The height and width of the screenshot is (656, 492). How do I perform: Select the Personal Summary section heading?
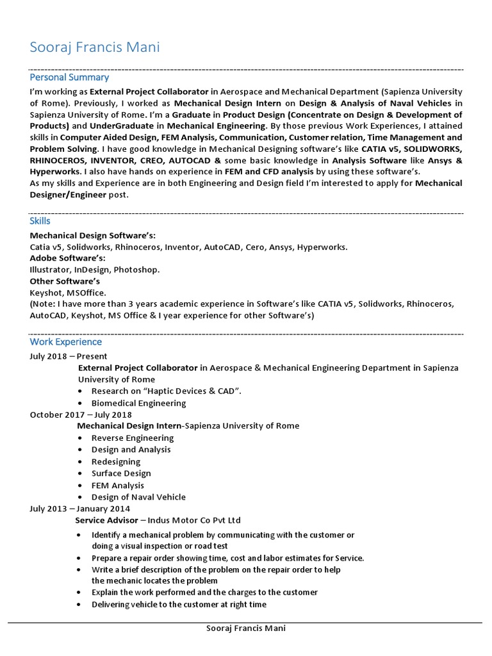coord(69,77)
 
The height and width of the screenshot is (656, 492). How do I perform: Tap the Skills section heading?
coord(40,220)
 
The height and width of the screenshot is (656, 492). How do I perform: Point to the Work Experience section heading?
coord(65,342)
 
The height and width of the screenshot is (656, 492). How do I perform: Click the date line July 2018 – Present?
coord(69,356)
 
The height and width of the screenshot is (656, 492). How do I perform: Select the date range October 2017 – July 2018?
coord(81,414)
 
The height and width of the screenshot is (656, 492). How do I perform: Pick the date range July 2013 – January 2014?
coord(80,509)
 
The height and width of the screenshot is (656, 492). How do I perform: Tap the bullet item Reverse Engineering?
coord(133,438)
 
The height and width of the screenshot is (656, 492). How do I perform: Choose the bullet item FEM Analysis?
coord(118,485)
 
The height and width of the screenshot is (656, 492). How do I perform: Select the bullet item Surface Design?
coord(121,473)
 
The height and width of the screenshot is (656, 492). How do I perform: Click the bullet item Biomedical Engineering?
coord(138,403)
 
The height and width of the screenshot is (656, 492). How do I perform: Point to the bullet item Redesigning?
coord(116,462)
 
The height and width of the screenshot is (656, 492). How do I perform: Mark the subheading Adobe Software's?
coord(68,258)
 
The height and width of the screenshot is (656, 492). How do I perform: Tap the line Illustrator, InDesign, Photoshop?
coord(95,270)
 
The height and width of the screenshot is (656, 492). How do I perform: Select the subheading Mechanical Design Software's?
coord(93,235)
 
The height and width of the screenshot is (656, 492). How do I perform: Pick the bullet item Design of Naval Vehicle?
coord(138,497)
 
